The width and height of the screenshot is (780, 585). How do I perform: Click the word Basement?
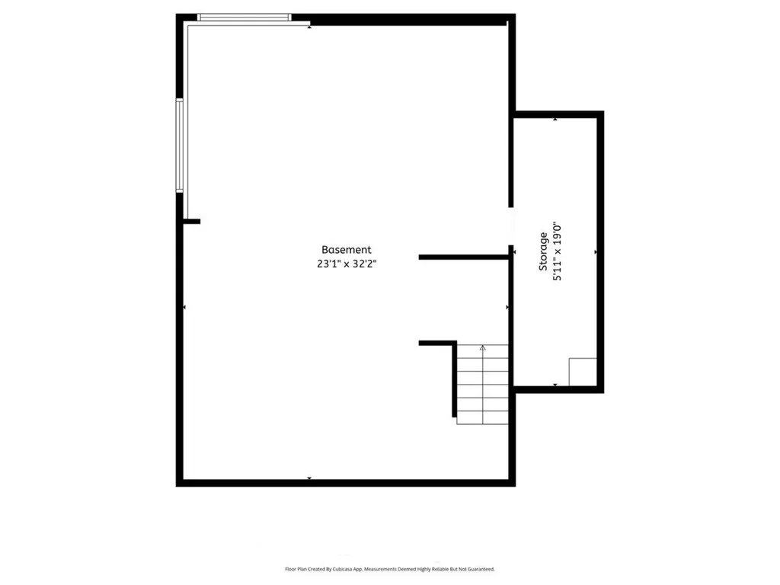(x=346, y=250)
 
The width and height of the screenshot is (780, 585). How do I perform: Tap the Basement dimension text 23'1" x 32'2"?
(x=346, y=264)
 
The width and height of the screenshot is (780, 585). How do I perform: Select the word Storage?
(x=543, y=252)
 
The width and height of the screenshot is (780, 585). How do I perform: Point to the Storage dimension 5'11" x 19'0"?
(x=558, y=252)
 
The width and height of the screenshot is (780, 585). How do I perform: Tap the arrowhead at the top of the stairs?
(x=482, y=347)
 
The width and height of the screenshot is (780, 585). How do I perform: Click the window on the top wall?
(x=244, y=17)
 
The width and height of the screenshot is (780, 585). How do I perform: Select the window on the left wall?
(x=180, y=145)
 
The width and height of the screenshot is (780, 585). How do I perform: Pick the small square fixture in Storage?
(x=583, y=372)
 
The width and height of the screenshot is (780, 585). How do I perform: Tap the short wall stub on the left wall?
(x=191, y=222)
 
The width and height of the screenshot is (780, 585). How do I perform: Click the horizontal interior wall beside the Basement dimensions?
(x=463, y=257)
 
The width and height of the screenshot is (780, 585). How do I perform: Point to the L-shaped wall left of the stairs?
(x=439, y=344)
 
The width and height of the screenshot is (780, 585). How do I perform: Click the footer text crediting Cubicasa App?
(x=389, y=569)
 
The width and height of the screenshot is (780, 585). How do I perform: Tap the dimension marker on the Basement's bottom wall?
(x=309, y=478)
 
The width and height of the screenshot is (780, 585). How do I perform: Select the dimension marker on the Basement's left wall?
(x=185, y=307)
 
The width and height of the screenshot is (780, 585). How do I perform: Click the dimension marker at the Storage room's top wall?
(x=555, y=119)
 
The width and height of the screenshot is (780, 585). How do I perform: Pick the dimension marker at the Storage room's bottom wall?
(x=555, y=385)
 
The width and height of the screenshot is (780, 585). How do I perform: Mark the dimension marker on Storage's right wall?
(x=596, y=251)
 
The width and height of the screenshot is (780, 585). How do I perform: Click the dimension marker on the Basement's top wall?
(x=309, y=27)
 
